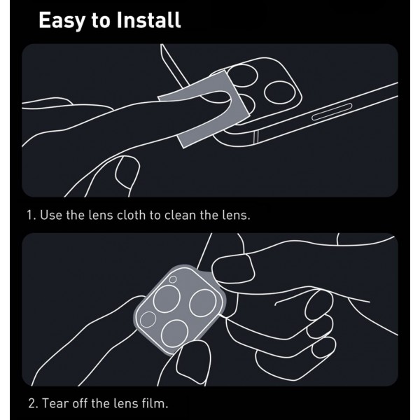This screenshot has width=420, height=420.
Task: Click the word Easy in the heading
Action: click(x=62, y=20)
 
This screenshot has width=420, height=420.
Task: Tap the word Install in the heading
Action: click(x=148, y=20)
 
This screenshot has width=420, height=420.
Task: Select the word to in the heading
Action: click(x=100, y=20)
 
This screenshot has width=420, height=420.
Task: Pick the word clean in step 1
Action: click(x=180, y=215)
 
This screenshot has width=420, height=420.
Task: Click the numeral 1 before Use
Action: click(x=29, y=215)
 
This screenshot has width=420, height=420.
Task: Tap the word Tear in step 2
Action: click(x=55, y=403)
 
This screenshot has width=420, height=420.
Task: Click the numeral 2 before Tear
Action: click(x=32, y=404)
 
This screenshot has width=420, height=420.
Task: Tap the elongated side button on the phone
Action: click(x=332, y=111)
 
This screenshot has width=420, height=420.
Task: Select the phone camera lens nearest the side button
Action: click(x=279, y=92)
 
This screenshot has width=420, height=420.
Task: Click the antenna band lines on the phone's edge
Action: click(x=256, y=137)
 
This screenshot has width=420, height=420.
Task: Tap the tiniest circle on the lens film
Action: click(x=173, y=279)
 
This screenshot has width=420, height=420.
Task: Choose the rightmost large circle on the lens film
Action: click(x=203, y=303)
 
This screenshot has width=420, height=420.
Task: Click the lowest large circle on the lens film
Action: click(x=175, y=333)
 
